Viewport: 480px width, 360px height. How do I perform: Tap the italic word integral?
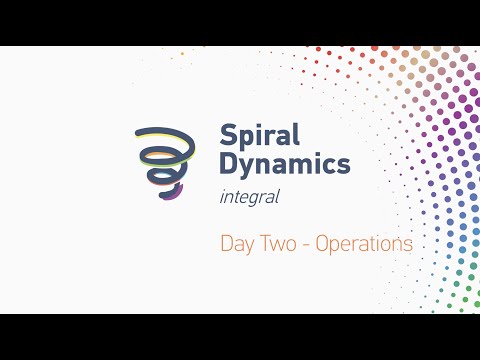click(248, 197)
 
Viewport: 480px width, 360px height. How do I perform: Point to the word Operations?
click(363, 243)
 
